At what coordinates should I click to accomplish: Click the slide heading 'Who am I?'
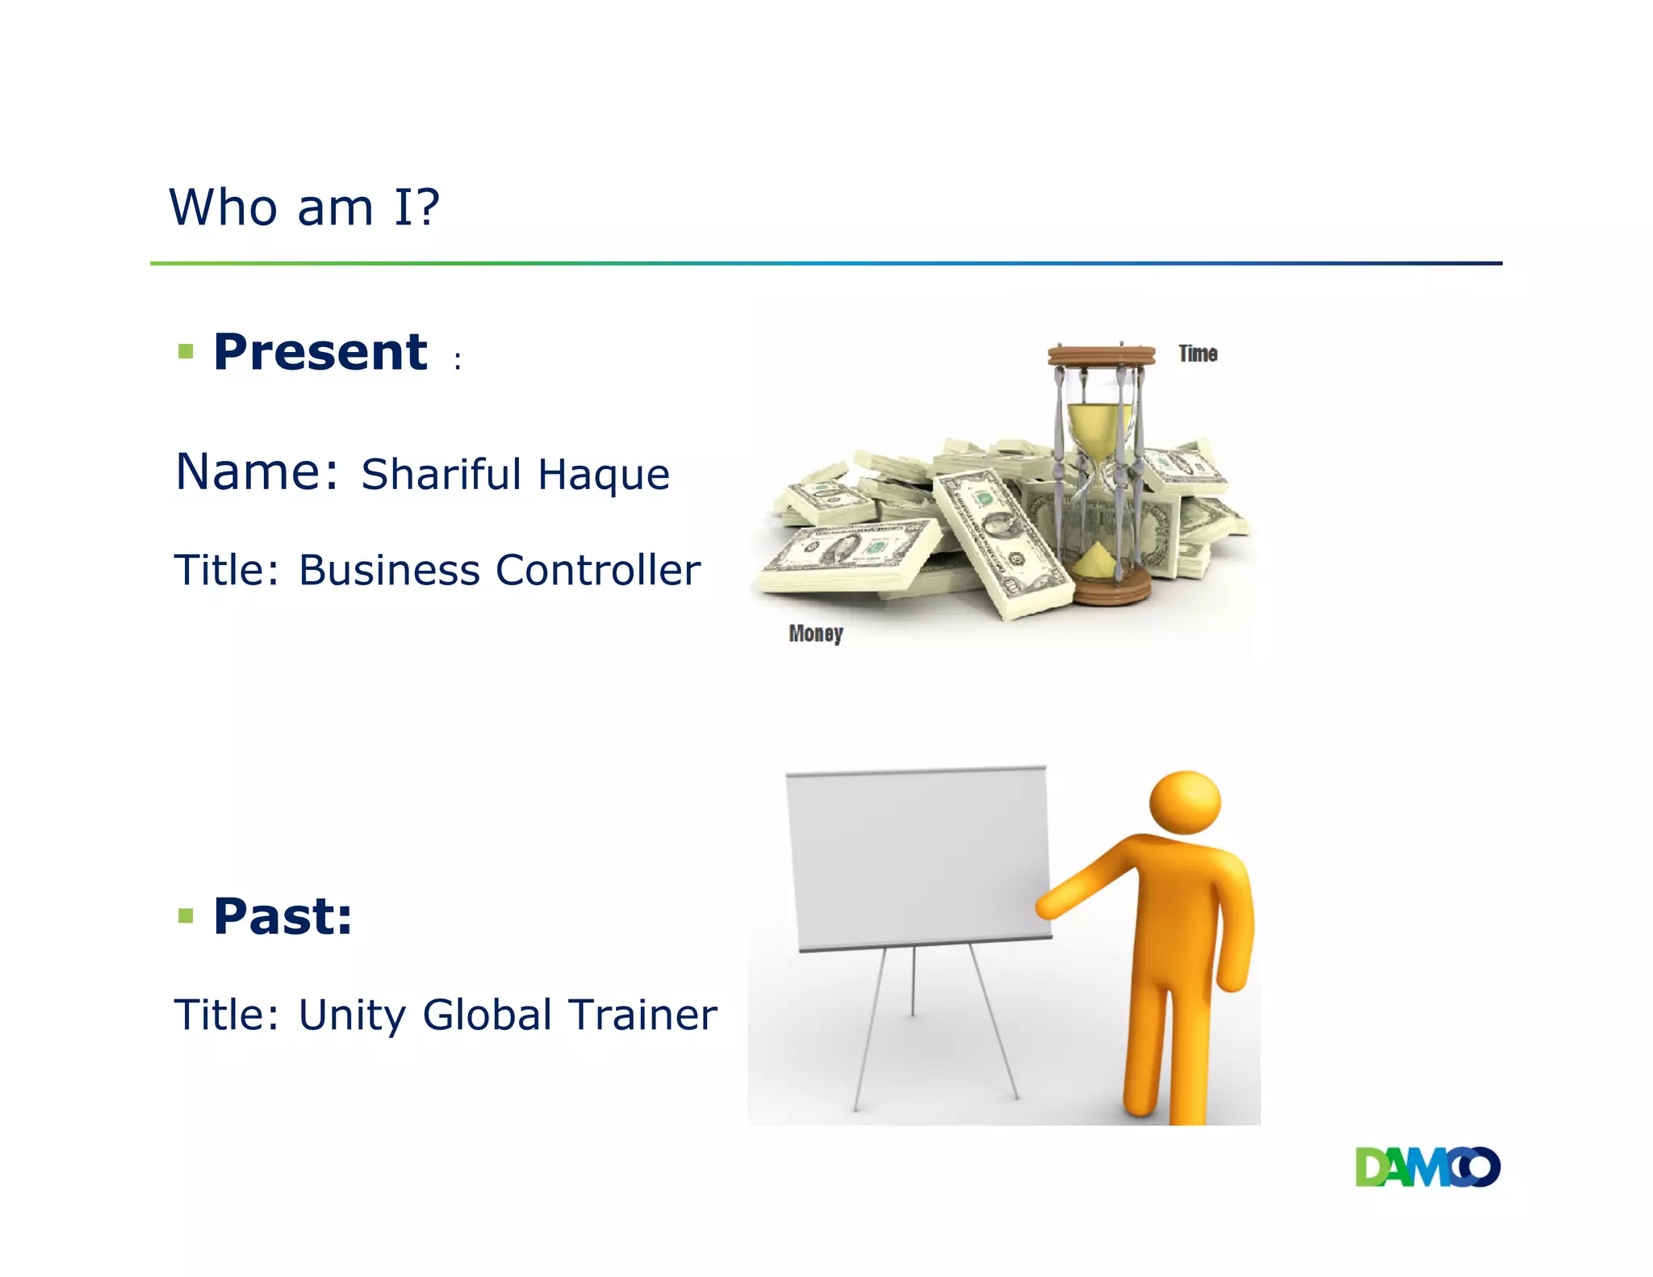point(304,207)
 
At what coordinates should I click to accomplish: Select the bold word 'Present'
point(320,353)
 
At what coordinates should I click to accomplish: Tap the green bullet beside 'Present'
point(186,351)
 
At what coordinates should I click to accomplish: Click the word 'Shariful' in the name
point(441,474)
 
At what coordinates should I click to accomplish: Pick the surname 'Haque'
point(604,475)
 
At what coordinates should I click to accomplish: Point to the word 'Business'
point(389,571)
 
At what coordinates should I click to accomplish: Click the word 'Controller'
point(598,571)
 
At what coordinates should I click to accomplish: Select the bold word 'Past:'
point(282,917)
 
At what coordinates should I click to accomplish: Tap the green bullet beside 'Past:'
point(186,915)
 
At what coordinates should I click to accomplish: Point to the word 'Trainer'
point(642,1015)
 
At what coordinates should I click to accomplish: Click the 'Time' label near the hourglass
point(1198,354)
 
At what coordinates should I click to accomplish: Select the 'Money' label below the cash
point(815,634)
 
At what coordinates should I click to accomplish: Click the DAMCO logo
point(1427,1167)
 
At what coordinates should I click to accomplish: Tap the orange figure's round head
point(1185,801)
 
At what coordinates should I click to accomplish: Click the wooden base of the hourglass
point(1111,592)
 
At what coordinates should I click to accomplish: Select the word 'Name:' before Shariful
point(257,472)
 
